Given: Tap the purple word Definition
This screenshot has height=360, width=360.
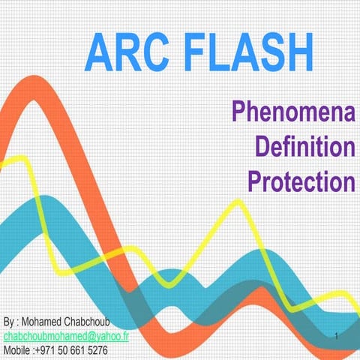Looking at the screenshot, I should [304, 147].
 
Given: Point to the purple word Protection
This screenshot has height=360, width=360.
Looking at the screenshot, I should [300, 181].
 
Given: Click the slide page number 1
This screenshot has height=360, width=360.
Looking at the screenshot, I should [339, 336].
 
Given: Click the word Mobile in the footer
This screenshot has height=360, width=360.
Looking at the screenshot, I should [16, 350].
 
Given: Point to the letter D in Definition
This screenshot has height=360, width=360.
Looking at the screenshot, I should [263, 147].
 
